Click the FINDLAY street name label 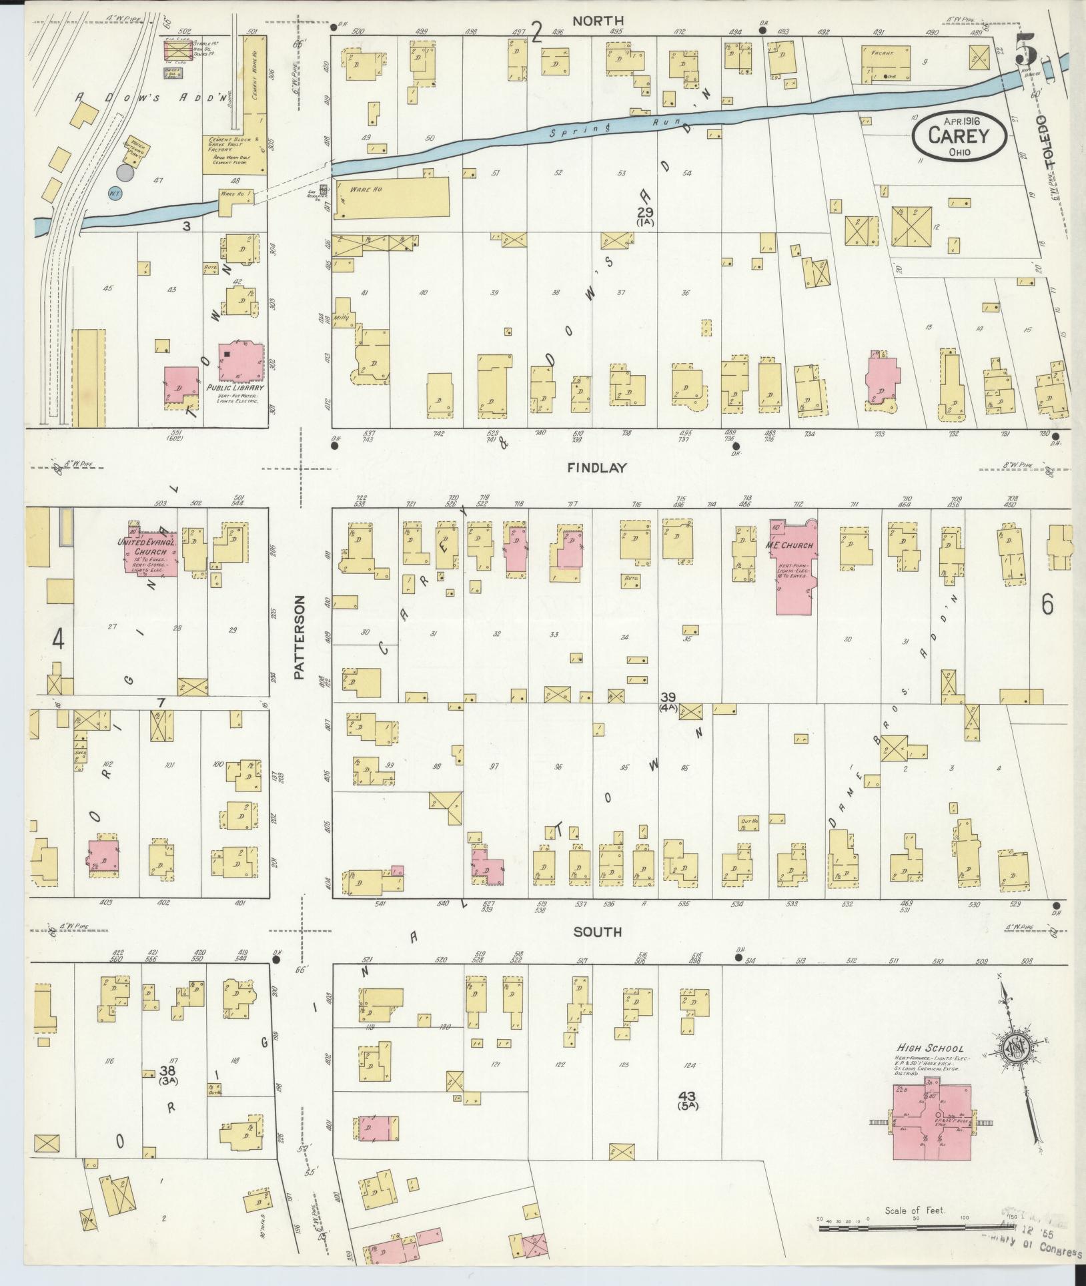597,468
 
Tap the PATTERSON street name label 300,637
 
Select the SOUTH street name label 597,932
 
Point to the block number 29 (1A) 645,216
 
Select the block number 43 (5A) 686,1098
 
